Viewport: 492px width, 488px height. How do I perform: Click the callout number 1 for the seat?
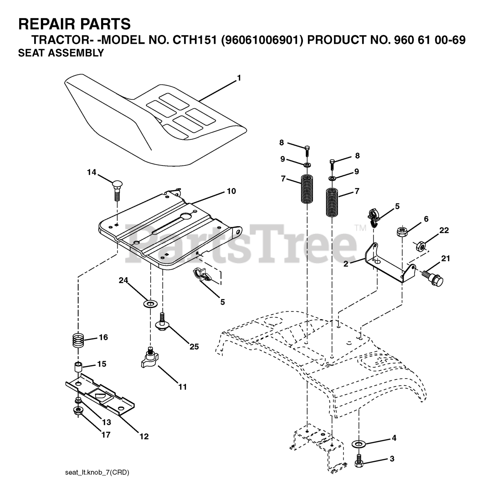click(x=239, y=78)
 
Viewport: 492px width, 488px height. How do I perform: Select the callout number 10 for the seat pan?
click(x=231, y=191)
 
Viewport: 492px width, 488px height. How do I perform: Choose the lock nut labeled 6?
click(x=402, y=232)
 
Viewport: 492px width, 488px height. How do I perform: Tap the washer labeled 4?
click(x=359, y=444)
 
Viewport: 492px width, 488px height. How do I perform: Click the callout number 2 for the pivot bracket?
click(x=346, y=264)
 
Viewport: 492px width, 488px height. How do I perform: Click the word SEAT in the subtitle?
click(x=31, y=53)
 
